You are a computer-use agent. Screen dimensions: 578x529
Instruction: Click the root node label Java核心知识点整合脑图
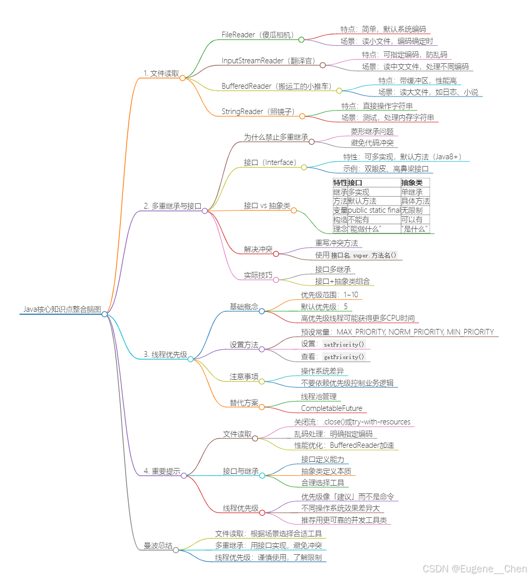click(x=62, y=309)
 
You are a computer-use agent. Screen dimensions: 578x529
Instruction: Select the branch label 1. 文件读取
click(x=161, y=74)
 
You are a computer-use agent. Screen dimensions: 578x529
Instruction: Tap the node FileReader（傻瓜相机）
click(x=258, y=35)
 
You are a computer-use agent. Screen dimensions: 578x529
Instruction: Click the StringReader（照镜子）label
click(x=258, y=112)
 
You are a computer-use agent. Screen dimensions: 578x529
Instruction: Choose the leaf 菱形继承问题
click(x=372, y=132)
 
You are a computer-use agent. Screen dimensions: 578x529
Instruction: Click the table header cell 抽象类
click(x=412, y=183)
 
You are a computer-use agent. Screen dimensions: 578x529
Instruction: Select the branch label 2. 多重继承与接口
click(x=172, y=206)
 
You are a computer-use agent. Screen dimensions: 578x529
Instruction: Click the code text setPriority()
click(x=344, y=345)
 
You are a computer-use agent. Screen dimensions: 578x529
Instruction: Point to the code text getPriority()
click(x=344, y=357)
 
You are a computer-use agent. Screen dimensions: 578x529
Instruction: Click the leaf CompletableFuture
click(x=332, y=408)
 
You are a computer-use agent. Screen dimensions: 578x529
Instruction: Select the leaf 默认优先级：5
click(x=324, y=307)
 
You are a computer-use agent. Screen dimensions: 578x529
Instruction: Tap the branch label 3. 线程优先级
click(x=165, y=354)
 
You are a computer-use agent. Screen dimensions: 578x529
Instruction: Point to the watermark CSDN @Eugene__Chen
click(x=474, y=569)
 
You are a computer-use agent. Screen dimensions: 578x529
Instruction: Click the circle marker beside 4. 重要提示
click(x=184, y=475)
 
